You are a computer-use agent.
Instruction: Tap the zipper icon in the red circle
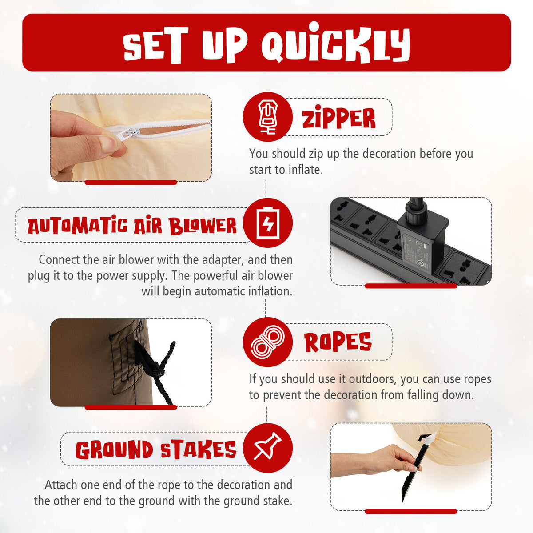point(267,117)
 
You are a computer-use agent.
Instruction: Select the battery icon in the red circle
point(268,223)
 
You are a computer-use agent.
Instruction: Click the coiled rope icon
point(267,342)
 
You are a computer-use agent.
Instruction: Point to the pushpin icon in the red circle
point(267,446)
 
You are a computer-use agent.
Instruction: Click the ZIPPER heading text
point(338,118)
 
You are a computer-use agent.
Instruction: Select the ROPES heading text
point(338,342)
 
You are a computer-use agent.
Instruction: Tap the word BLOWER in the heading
point(203,226)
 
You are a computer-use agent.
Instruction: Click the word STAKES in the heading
point(198,449)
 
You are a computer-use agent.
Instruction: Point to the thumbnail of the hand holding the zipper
point(131,138)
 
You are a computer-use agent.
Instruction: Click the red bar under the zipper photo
point(131,182)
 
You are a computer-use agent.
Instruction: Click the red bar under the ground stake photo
point(411,511)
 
